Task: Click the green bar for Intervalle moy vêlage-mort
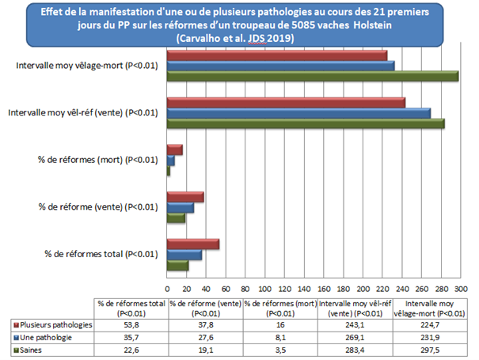point(312,76)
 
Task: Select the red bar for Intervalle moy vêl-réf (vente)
point(285,103)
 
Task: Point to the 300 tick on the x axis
point(460,289)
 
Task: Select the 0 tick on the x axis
point(166,289)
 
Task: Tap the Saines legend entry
point(36,350)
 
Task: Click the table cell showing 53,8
point(130,324)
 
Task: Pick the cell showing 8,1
point(280,337)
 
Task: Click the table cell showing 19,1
point(205,350)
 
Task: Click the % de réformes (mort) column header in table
point(280,308)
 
